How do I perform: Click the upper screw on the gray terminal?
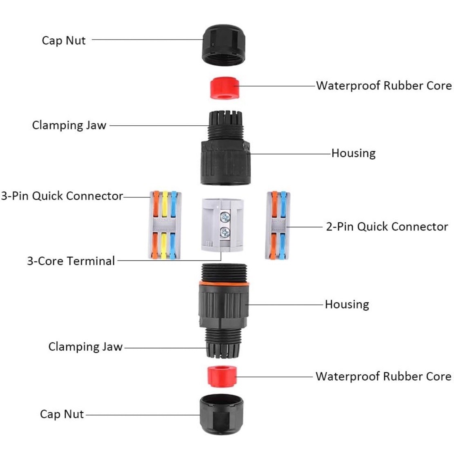point(224,217)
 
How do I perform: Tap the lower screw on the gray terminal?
point(224,233)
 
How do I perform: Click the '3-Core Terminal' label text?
point(71,261)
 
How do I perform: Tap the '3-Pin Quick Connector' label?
point(62,196)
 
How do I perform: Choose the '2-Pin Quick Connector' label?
point(387,227)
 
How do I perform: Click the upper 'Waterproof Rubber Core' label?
point(384,86)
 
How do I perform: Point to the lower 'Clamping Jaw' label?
point(85,347)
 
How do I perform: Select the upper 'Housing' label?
point(353,153)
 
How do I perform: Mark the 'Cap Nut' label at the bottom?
point(62,414)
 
